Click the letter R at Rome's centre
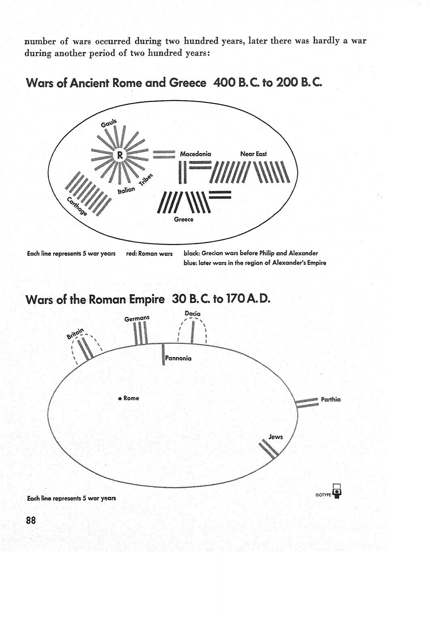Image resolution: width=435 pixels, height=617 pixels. click(x=120, y=155)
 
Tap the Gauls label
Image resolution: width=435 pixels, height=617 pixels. click(x=109, y=123)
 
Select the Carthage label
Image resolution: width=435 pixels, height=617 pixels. click(x=77, y=206)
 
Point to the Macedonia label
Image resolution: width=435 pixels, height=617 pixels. click(x=195, y=154)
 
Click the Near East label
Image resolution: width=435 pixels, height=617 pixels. click(x=253, y=154)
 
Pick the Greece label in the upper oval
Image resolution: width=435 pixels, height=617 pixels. click(x=184, y=219)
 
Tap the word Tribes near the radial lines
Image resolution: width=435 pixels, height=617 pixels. click(x=146, y=180)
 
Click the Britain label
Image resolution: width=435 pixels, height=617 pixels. click(x=75, y=333)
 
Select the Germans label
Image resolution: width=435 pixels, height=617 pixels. click(x=137, y=319)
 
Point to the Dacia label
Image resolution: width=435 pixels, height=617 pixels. click(x=193, y=314)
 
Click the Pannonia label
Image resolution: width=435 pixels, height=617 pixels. click(x=178, y=358)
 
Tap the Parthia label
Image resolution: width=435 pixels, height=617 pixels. click(x=331, y=400)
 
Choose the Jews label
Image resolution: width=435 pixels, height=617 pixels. click(x=276, y=436)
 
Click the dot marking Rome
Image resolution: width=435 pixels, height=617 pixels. click(x=120, y=398)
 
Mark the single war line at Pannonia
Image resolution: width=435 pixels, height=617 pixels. click(x=163, y=354)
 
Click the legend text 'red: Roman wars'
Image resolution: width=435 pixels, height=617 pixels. click(x=149, y=254)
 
